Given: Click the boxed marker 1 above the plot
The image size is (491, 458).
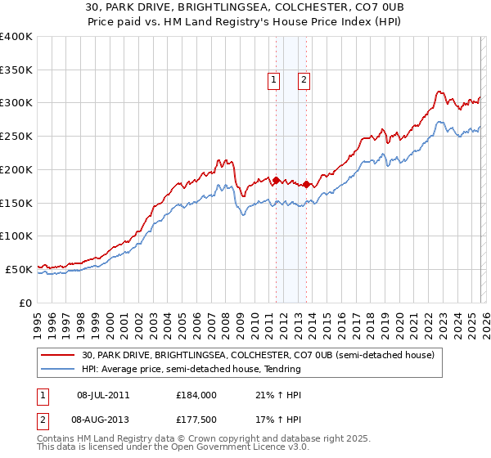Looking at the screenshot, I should [x=273, y=80].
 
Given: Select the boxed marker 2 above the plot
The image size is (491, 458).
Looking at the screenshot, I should [x=303, y=80].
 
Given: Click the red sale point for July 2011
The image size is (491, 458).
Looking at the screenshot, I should [x=276, y=180].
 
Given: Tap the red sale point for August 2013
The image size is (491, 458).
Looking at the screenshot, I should [x=306, y=184].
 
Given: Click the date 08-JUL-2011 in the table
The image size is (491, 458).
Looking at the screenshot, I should [x=103, y=395].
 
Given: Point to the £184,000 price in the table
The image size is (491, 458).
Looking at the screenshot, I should [x=196, y=395].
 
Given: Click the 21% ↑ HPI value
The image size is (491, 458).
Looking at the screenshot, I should [x=279, y=395].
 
